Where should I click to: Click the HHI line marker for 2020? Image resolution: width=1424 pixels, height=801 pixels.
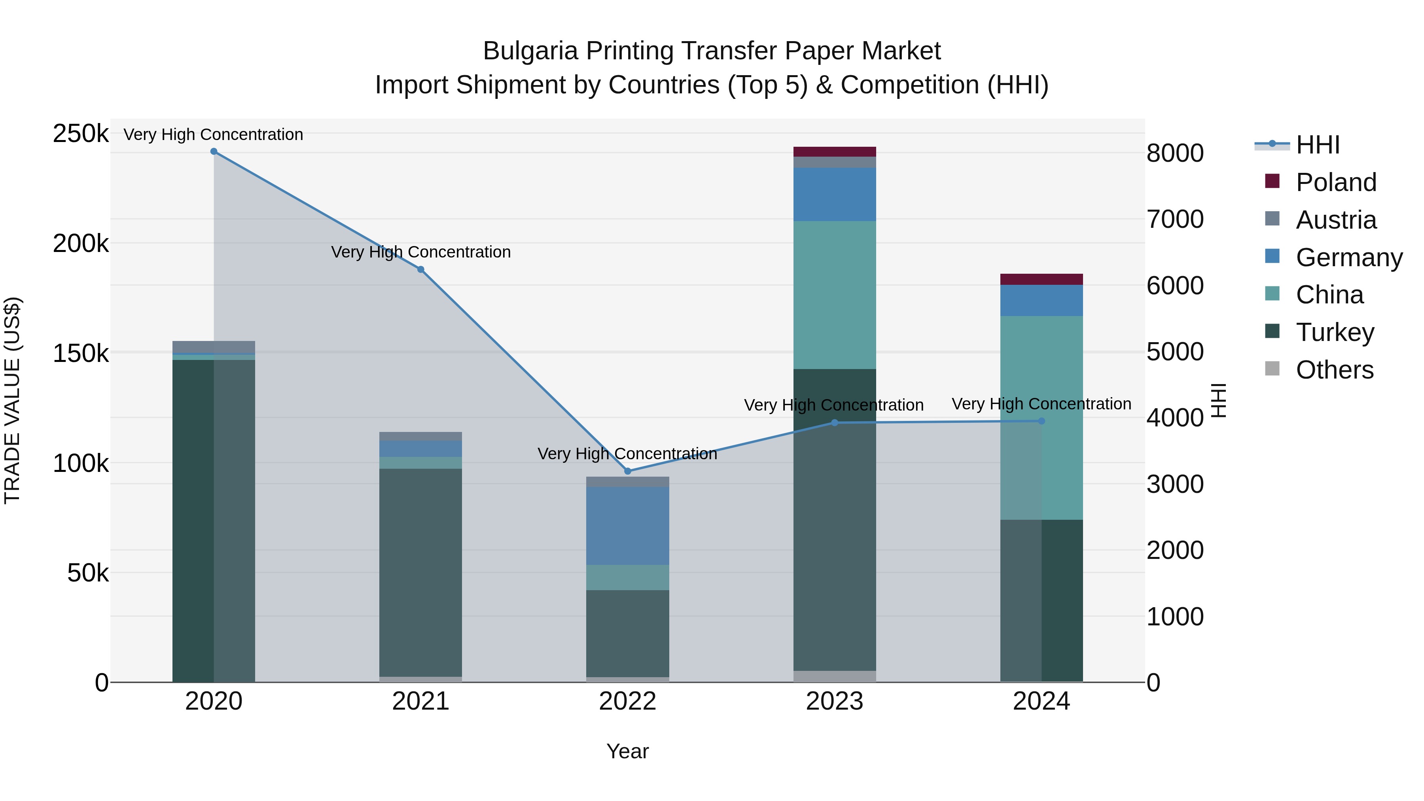pyautogui.click(x=214, y=151)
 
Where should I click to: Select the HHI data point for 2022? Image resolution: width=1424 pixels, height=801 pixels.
pyautogui.click(x=627, y=471)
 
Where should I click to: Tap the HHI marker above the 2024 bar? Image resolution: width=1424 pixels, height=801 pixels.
pyautogui.click(x=1041, y=421)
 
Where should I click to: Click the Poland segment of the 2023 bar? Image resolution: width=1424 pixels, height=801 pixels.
pyautogui.click(x=835, y=151)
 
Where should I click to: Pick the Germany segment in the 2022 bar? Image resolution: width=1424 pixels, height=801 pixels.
pyautogui.click(x=627, y=525)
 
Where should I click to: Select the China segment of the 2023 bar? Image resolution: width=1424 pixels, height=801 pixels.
pyautogui.click(x=835, y=295)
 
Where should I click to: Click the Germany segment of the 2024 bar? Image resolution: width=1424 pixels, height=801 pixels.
pyautogui.click(x=1041, y=300)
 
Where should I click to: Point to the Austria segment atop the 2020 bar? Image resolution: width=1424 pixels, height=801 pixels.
pyautogui.click(x=214, y=347)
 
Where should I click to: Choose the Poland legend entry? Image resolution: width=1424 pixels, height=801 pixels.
pyautogui.click(x=1335, y=182)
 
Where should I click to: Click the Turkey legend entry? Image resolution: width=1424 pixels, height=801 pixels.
pyautogui.click(x=1335, y=332)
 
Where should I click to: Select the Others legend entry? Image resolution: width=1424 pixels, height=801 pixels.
pyautogui.click(x=1335, y=370)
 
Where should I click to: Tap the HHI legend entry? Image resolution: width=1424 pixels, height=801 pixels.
pyautogui.click(x=1318, y=145)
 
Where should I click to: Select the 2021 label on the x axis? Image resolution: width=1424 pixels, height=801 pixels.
pyautogui.click(x=421, y=701)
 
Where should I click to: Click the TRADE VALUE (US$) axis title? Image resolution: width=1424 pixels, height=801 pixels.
pyautogui.click(x=13, y=400)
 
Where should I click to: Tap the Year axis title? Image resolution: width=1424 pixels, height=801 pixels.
pyautogui.click(x=627, y=751)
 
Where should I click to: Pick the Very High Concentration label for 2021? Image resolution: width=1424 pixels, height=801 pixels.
pyautogui.click(x=421, y=252)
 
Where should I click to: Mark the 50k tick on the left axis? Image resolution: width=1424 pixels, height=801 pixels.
pyautogui.click(x=88, y=573)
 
